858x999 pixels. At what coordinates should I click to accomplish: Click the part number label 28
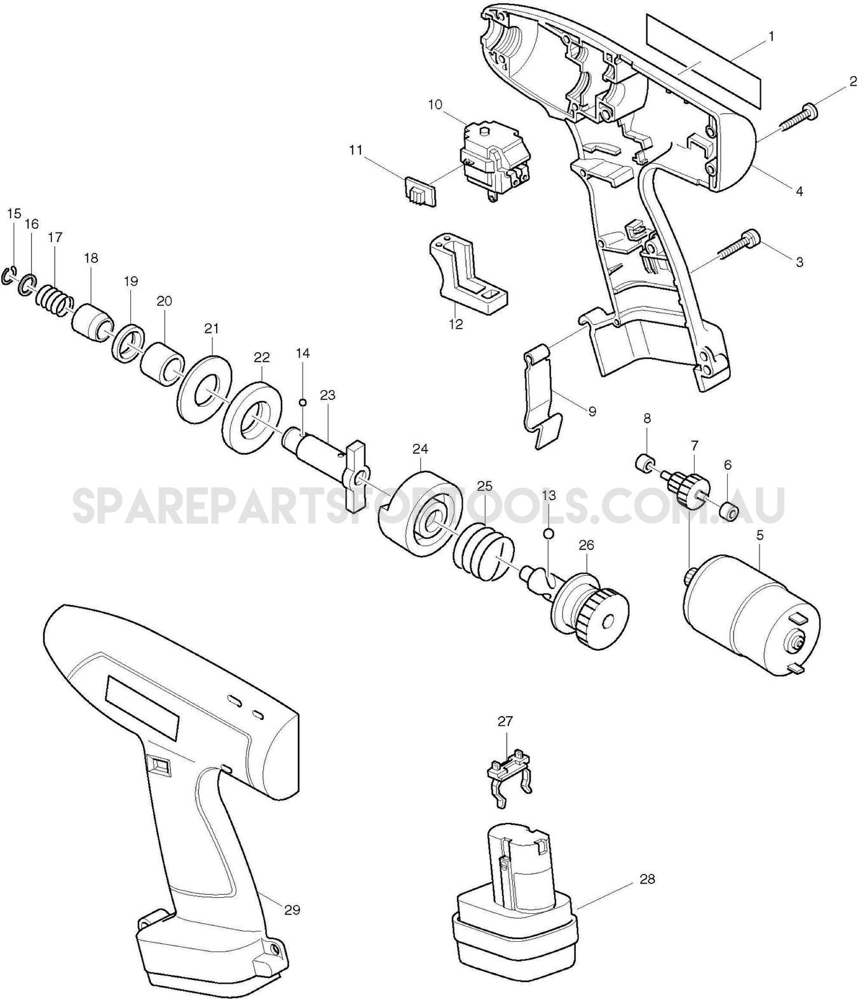pyautogui.click(x=648, y=880)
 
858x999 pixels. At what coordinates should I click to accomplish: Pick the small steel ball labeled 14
pyautogui.click(x=303, y=402)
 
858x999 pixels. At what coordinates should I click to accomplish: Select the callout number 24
pyautogui.click(x=419, y=449)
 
